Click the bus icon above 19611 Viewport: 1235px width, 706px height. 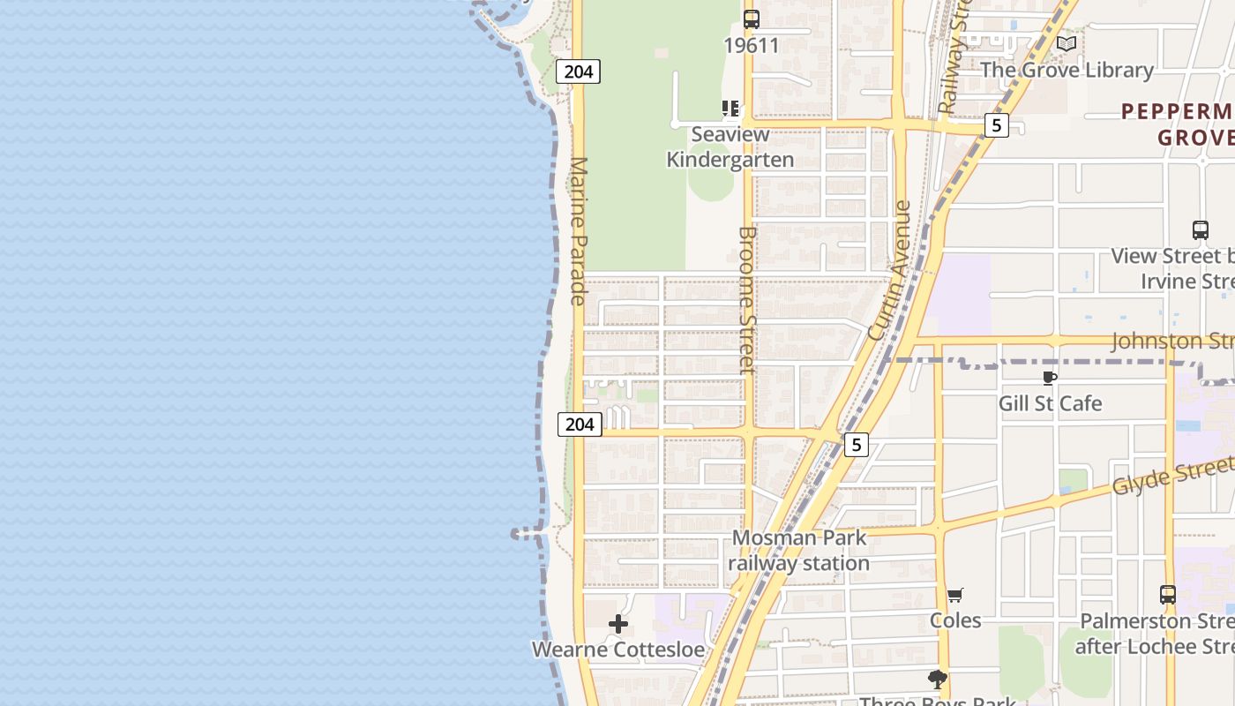pyautogui.click(x=751, y=19)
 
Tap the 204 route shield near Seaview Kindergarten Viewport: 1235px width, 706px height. pyautogui.click(x=578, y=71)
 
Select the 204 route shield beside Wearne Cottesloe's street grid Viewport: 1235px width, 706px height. pyautogui.click(x=580, y=424)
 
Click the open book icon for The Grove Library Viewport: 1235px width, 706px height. pyautogui.click(x=1067, y=43)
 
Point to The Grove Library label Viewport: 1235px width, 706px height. pyautogui.click(x=1067, y=70)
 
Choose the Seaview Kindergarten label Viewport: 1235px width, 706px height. pyautogui.click(x=730, y=146)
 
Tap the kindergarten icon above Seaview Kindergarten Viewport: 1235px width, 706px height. pyautogui.click(x=730, y=109)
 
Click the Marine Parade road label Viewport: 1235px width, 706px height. pyautogui.click(x=580, y=231)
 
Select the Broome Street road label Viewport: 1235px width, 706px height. pyautogui.click(x=747, y=300)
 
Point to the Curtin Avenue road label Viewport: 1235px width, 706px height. pyautogui.click(x=889, y=270)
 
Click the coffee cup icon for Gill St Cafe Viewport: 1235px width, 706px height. pyautogui.click(x=1049, y=379)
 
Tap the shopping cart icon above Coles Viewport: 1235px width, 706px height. pyautogui.click(x=955, y=595)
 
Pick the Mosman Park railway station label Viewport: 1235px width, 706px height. pyautogui.click(x=800, y=550)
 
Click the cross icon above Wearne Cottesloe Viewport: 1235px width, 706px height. pyautogui.click(x=618, y=625)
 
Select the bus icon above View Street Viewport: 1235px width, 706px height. pyautogui.click(x=1200, y=230)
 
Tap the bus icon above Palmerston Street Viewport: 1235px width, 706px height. pyautogui.click(x=1168, y=595)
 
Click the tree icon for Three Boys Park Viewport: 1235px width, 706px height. pyautogui.click(x=937, y=679)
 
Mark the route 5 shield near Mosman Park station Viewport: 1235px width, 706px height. pyautogui.click(x=856, y=445)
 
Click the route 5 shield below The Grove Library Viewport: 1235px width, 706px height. pyautogui.click(x=996, y=125)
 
